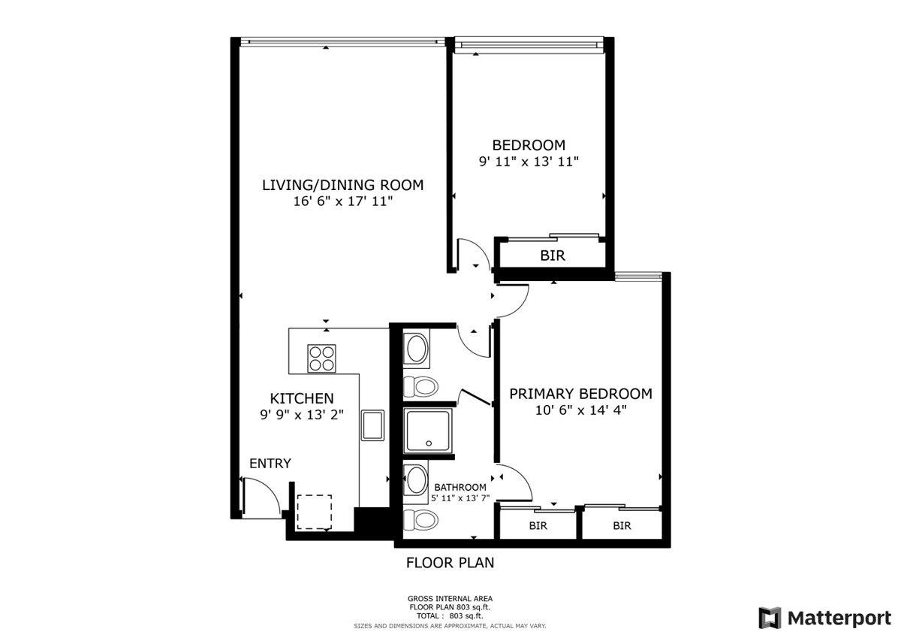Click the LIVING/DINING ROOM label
coord(342,185)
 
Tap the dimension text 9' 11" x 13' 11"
coord(529,162)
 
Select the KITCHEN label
coord(302,398)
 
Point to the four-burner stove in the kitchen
coord(321,358)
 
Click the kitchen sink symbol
coord(372,425)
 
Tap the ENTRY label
coord(270,464)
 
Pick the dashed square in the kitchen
coord(314,512)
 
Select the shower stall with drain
coord(427,431)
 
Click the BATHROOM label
coord(460,488)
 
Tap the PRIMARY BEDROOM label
coord(581,394)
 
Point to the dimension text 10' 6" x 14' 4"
coord(581,410)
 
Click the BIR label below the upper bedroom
coord(553,256)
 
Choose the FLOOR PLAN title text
coord(450,563)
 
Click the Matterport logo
coord(825,618)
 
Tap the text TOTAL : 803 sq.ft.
coord(450,616)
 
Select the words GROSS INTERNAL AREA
coord(450,599)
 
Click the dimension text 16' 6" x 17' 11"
coord(342,201)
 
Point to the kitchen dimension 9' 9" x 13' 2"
coord(302,414)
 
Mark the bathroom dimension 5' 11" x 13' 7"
coord(460,498)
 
